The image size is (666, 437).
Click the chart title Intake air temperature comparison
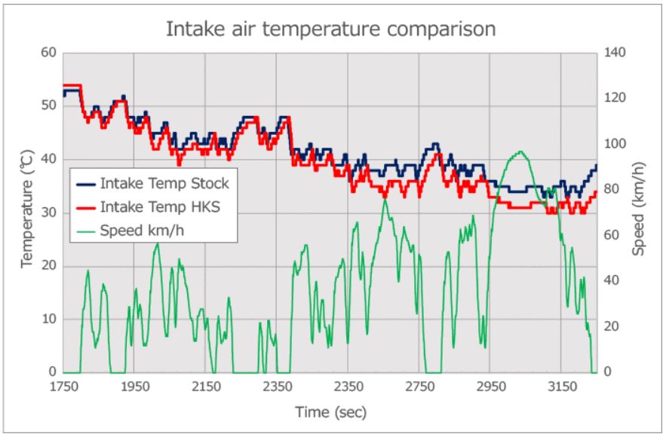point(331,30)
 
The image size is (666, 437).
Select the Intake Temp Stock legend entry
point(164,183)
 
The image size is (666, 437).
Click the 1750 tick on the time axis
point(63,387)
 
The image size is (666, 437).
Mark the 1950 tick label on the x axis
point(134,387)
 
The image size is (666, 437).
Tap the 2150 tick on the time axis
point(205,387)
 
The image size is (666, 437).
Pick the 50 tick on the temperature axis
point(50,105)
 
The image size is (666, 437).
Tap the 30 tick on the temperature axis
point(50,212)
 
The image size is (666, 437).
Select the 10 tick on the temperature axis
point(50,319)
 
